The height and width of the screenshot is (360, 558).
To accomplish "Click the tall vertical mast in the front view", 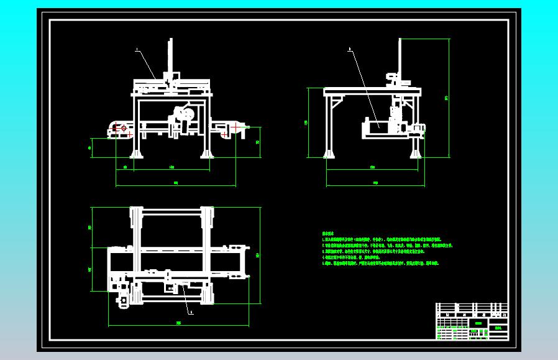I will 170,59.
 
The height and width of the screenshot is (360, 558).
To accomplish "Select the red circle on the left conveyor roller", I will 124,128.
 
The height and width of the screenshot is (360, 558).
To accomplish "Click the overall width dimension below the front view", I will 175,183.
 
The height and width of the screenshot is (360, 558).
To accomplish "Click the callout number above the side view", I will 349,49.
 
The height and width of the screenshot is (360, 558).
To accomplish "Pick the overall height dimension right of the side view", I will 447,97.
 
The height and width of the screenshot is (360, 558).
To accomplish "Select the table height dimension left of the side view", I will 307,122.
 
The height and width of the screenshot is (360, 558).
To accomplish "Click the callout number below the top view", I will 191,313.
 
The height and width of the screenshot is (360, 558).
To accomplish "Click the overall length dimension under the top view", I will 179,324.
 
